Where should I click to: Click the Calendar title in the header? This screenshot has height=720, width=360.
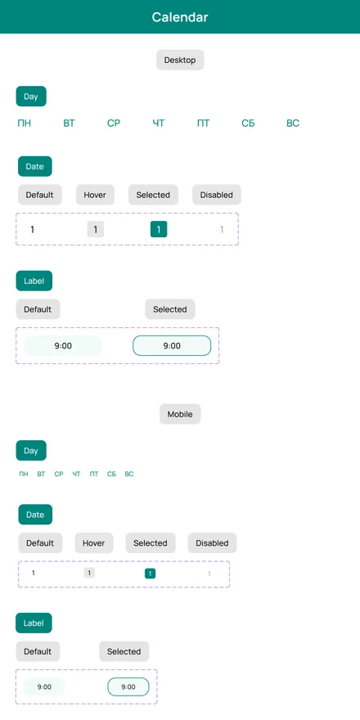180,17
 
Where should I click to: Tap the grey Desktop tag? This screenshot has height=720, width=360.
180,61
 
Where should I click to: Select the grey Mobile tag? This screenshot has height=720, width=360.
180,414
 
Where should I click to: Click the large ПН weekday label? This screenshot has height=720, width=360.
25,123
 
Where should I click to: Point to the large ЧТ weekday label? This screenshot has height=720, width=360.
159,123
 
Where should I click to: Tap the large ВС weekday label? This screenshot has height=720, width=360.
293,123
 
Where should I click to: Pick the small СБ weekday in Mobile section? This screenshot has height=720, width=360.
111,474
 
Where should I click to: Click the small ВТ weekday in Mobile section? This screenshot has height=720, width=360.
42,474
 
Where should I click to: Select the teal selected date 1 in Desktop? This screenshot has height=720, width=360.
159,229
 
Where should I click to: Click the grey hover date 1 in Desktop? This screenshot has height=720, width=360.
96,229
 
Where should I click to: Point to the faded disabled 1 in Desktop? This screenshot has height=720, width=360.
222,229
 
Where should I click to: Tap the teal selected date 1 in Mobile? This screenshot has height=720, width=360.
151,574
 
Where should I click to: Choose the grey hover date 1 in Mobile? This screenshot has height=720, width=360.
89,573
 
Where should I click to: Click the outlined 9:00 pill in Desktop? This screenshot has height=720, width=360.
172,346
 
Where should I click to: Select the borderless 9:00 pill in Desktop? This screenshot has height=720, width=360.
63,346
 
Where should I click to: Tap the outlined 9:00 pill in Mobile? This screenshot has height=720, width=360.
128,687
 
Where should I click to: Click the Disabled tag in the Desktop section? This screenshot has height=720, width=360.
217,195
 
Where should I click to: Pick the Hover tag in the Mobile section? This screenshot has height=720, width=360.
93,543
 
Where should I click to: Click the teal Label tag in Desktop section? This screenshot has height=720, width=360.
34,281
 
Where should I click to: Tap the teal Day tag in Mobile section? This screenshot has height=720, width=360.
31,451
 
